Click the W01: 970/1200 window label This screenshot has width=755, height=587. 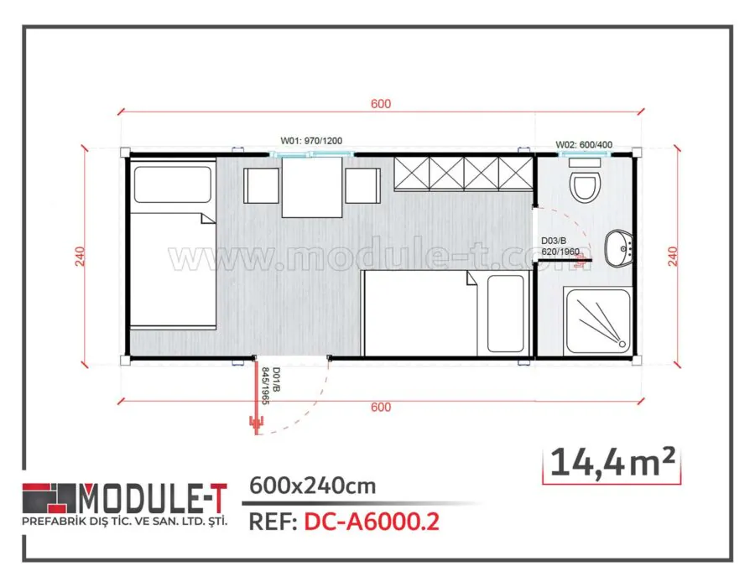312,143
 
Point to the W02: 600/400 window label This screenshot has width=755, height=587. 584,145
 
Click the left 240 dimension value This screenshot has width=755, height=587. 81,256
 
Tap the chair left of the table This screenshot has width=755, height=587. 260,185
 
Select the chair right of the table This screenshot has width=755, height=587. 362,185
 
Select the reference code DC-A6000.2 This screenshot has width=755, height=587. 371,522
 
